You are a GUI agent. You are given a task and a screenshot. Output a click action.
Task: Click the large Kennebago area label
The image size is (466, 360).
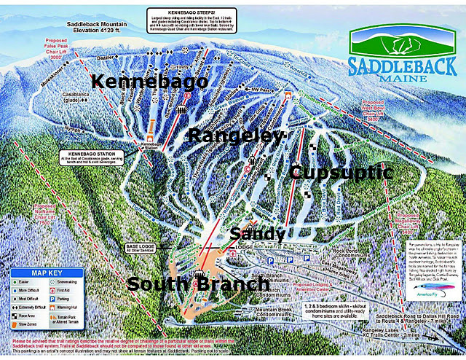click(x=149, y=82)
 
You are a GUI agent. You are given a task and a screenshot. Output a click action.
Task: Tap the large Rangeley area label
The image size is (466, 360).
click(x=235, y=136)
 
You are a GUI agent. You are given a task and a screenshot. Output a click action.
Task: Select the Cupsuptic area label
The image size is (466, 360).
click(x=340, y=173)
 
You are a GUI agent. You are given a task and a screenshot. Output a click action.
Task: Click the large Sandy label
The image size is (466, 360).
click(x=257, y=234)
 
